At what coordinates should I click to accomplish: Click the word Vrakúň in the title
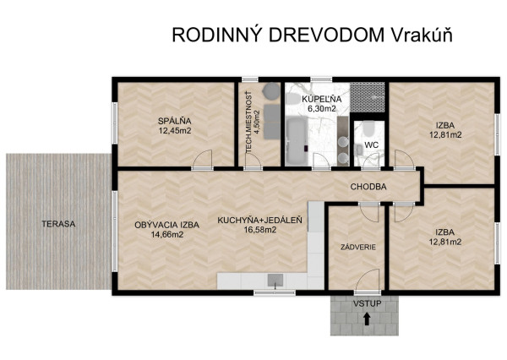click(422, 35)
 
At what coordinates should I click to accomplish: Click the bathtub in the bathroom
click(296, 139)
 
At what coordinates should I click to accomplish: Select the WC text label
click(370, 145)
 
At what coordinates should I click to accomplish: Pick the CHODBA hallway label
click(369, 186)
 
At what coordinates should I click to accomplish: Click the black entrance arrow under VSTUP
click(366, 319)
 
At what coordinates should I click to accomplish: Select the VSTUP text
click(366, 302)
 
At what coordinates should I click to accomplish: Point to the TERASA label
click(60, 224)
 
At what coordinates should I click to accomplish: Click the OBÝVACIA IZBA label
click(166, 224)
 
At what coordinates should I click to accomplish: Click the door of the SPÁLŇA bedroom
click(203, 161)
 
